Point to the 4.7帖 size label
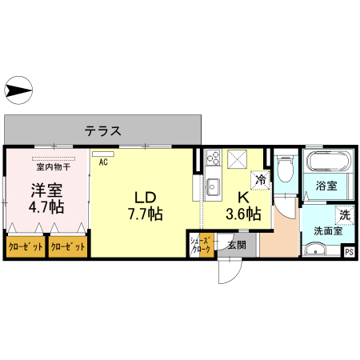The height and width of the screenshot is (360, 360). (46, 208)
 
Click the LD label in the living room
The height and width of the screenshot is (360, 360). (144, 197)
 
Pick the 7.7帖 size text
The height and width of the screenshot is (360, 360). (145, 214)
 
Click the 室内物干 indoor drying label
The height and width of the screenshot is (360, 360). (54, 167)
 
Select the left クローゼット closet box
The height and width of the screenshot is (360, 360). (25, 246)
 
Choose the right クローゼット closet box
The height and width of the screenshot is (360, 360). (68, 246)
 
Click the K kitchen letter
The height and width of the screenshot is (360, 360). (242, 197)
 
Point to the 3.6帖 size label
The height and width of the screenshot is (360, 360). (242, 214)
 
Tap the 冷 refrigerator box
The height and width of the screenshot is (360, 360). (260, 179)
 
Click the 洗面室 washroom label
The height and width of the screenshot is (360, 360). (327, 232)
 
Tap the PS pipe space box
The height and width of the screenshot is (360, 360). (349, 251)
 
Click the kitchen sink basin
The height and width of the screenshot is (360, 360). (212, 187)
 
